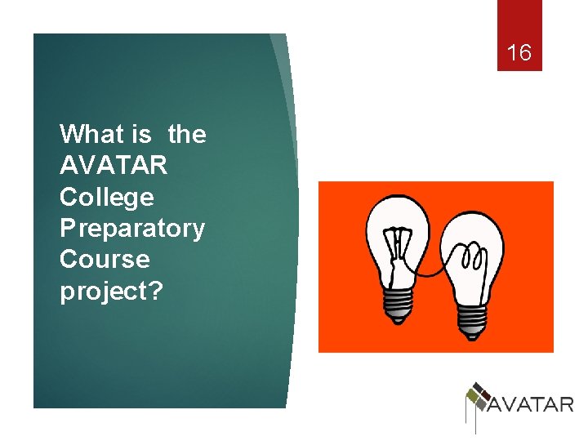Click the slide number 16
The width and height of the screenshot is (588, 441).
click(519, 54)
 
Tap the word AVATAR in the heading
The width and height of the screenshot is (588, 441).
click(114, 166)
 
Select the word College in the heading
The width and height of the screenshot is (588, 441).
click(106, 198)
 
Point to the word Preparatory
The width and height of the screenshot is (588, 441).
click(132, 229)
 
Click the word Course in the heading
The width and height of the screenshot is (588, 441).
click(105, 260)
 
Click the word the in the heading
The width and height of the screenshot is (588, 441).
click(187, 134)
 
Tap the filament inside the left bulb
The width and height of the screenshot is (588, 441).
click(400, 245)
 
